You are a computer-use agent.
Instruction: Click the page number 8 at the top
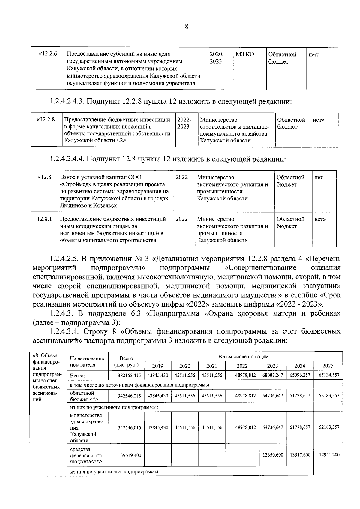tap(186, 27)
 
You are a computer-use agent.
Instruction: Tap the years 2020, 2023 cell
tap(217, 58)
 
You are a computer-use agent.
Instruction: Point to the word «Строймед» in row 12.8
tap(74, 184)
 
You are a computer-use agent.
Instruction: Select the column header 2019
tap(158, 366)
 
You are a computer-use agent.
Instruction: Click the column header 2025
tap(328, 366)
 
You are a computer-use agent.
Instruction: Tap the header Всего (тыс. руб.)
tap(126, 361)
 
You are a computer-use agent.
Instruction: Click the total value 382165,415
tap(129, 375)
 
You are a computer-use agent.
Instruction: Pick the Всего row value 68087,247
tap(273, 375)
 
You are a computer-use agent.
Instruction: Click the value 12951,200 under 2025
tap(329, 455)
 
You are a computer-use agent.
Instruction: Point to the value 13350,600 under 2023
tap(273, 455)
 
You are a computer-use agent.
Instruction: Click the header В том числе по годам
tap(243, 357)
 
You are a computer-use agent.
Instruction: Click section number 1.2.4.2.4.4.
tap(67, 159)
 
